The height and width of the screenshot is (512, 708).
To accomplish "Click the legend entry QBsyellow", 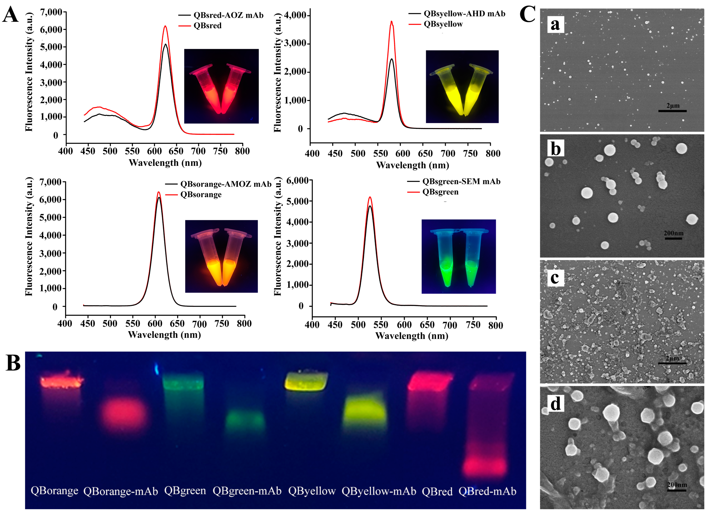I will coord(443,24).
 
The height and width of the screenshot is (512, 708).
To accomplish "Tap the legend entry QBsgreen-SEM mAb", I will coord(461,181).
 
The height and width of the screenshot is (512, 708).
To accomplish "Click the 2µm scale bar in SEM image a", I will coord(672,111).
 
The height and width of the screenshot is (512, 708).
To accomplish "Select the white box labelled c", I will coord(555,277).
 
